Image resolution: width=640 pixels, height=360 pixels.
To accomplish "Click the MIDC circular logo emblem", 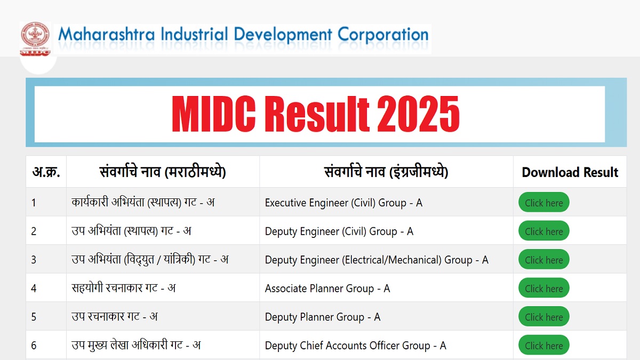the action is (x=35, y=35).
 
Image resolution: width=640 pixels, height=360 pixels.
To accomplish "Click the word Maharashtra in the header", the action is (x=107, y=35).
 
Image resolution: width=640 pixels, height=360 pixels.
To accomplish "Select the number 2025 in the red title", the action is (x=418, y=114).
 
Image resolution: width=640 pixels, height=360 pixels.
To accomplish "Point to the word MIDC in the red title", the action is (x=214, y=114).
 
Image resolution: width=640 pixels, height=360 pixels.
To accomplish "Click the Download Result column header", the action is (x=570, y=172).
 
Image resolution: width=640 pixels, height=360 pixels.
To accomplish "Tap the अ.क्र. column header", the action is (x=46, y=172).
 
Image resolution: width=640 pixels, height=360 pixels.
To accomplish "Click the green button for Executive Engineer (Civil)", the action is (x=544, y=202).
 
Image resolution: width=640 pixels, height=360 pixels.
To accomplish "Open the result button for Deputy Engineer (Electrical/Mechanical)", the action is (x=544, y=259).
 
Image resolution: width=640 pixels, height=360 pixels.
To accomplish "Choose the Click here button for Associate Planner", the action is (x=544, y=288).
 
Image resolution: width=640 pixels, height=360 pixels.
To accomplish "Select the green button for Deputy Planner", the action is (x=544, y=317).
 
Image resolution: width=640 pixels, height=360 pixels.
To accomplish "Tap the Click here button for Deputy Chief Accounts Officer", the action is (x=544, y=345).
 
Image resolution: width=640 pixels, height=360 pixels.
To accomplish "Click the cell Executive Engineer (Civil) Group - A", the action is (x=343, y=203).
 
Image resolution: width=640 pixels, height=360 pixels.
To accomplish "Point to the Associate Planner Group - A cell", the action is (x=327, y=289).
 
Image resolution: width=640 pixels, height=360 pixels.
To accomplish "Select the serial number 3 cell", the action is (x=34, y=260).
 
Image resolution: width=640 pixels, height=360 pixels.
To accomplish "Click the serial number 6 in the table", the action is (x=34, y=346).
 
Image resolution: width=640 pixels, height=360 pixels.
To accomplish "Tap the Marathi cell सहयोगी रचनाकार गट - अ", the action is (x=124, y=287).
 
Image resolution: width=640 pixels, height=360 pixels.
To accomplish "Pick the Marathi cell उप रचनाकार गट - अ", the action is (x=115, y=316).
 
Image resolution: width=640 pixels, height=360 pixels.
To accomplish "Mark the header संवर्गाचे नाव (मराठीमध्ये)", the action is (x=163, y=172).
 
